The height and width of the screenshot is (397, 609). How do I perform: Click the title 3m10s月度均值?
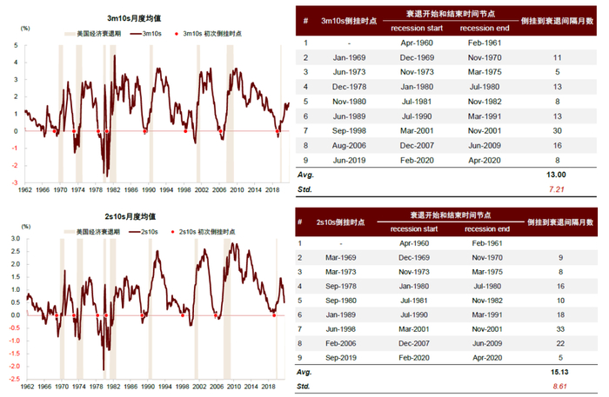tap(152, 17)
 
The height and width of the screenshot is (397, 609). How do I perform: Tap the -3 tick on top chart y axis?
tap(15, 183)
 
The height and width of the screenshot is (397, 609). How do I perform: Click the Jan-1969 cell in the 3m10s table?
tap(348, 56)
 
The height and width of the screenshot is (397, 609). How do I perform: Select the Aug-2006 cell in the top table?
tap(348, 146)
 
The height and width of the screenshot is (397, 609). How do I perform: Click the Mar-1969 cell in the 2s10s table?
tap(348, 258)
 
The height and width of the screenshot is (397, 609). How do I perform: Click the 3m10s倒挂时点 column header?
tap(348, 20)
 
